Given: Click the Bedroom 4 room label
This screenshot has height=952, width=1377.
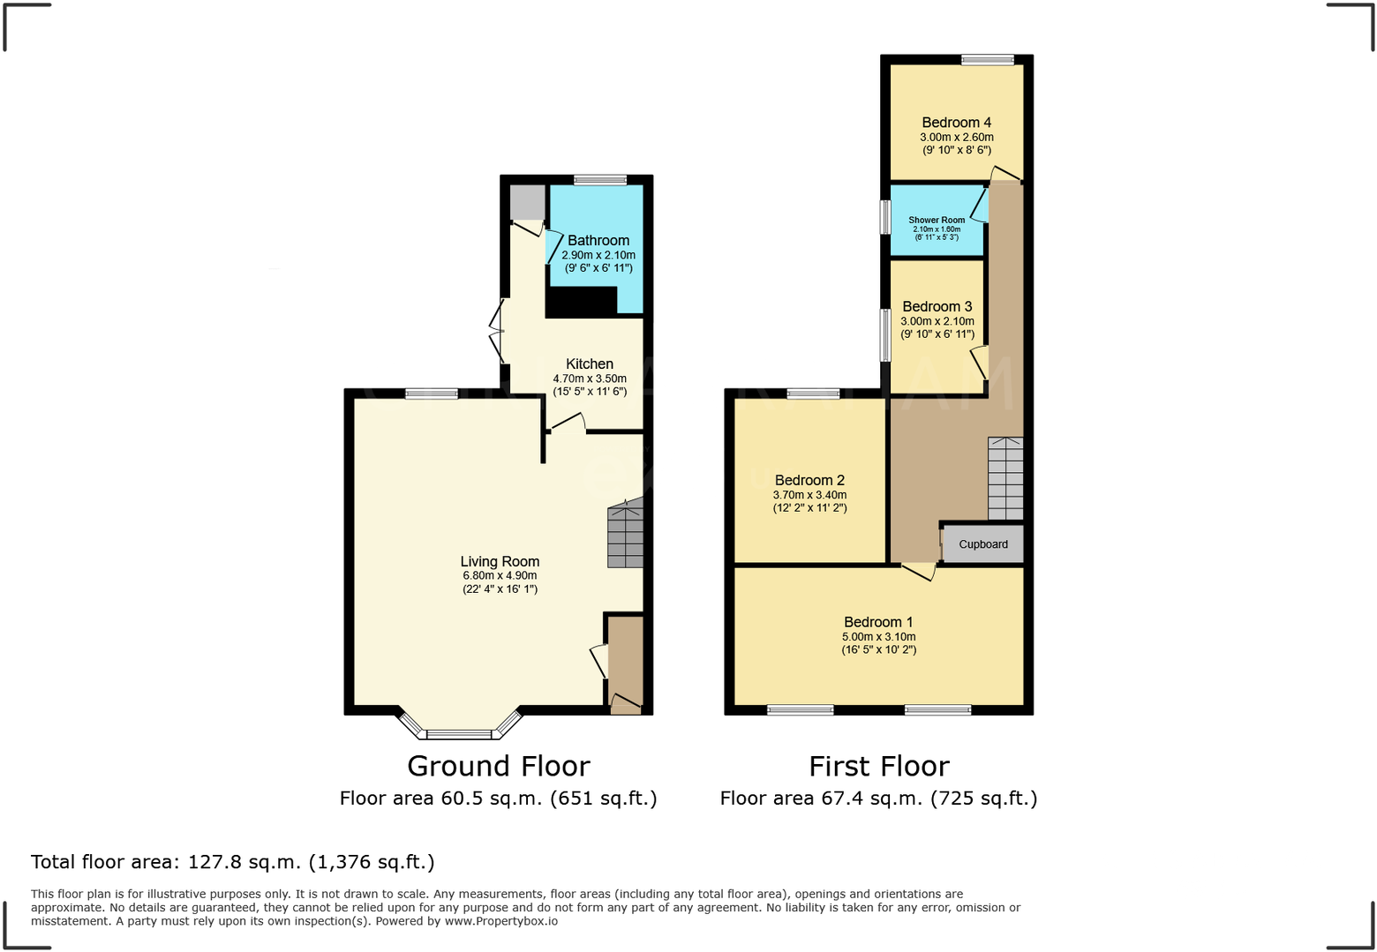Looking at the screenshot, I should point(956,123).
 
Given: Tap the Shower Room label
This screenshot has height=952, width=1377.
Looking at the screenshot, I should point(936,220).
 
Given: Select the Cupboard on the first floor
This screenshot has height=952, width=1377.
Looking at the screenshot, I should point(982,544).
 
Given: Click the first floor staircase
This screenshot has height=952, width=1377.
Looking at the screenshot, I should point(1005,478).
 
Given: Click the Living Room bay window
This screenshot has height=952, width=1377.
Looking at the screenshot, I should point(459,732).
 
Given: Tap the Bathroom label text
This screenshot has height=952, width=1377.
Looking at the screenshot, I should point(598,240).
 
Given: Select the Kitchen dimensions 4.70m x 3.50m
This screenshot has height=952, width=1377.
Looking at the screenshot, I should point(590,379).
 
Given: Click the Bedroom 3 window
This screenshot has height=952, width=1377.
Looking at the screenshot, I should point(885,334).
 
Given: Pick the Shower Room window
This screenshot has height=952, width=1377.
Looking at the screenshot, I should point(885,217).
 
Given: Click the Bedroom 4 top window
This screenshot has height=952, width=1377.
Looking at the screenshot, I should point(987,60).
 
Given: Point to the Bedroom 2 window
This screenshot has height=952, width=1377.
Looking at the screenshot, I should point(813,394).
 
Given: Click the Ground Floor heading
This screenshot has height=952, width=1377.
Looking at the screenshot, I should point(498,766).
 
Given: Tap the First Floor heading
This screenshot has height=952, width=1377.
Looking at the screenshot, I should point(878,766).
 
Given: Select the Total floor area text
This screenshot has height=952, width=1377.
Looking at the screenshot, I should point(232,862).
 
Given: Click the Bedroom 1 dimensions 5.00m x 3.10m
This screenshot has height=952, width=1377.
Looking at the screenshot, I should point(878,637).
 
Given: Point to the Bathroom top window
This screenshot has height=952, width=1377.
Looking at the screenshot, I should point(600,180).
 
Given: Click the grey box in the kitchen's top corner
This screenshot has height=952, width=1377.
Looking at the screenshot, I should point(528,203).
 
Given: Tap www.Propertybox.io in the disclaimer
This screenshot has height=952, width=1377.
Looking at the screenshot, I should point(500,921).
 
